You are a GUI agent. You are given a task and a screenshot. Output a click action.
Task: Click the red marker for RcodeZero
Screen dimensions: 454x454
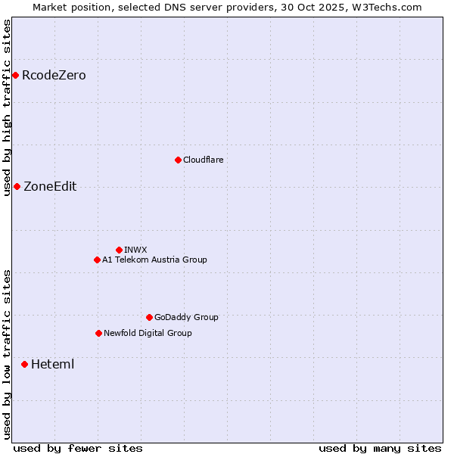15,75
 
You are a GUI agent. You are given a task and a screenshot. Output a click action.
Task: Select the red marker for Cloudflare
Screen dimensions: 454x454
178,160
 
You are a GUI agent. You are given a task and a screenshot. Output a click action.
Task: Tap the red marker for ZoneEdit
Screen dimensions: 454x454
17,186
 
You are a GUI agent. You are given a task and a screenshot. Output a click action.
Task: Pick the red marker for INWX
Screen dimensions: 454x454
119,250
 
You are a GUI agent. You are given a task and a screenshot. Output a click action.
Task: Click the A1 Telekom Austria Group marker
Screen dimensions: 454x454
97,260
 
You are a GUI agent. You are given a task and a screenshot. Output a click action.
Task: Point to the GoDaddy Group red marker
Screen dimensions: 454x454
149,317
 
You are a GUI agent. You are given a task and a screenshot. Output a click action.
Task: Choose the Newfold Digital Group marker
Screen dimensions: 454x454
98,333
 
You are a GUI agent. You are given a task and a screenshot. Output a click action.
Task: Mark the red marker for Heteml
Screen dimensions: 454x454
24,364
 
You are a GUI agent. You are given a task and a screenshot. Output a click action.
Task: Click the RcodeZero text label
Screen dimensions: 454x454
54,75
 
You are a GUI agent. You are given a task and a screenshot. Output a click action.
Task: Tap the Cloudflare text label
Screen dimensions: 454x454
203,160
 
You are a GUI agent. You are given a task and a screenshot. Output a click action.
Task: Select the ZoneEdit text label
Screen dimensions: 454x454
50,186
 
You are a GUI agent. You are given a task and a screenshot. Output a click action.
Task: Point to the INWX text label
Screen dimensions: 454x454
135,250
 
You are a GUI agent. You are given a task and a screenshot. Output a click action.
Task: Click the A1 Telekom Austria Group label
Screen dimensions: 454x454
154,260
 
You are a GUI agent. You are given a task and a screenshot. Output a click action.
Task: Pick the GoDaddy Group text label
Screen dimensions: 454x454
186,317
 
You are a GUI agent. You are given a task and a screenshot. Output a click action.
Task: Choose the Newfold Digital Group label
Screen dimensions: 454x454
148,333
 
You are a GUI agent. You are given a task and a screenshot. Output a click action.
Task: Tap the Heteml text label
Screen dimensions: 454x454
52,364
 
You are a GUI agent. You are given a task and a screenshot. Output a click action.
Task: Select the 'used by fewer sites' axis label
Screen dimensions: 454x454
78,448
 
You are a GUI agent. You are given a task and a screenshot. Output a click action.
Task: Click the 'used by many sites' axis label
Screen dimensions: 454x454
380,448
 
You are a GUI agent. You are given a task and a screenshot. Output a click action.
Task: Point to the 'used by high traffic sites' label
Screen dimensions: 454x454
7,107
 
